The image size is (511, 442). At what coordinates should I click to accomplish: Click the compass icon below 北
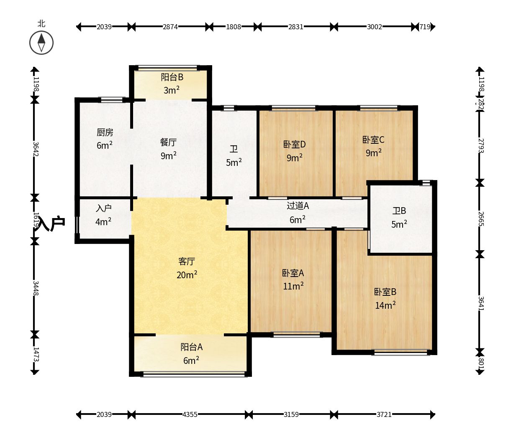[x=41, y=43]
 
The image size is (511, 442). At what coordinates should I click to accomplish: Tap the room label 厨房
[x=105, y=132]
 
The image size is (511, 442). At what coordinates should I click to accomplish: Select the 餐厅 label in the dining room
[x=168, y=142]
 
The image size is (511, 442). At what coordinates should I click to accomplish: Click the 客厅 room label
[x=187, y=262]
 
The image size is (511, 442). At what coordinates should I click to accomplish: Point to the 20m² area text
[x=187, y=275]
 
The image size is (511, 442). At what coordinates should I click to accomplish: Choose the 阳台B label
[x=172, y=77]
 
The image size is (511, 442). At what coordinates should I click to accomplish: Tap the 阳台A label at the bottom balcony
[x=192, y=347]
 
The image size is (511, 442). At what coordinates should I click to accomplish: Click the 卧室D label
[x=295, y=145]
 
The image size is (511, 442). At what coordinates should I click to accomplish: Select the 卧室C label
[x=373, y=140]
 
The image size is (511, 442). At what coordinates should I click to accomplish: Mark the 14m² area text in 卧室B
[x=385, y=305]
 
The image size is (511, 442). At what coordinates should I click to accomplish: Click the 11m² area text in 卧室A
[x=293, y=286]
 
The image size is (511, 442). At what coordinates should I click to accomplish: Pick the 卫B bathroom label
[x=399, y=211]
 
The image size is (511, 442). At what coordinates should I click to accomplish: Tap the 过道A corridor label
[x=298, y=206]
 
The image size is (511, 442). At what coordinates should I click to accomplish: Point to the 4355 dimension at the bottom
[x=190, y=414]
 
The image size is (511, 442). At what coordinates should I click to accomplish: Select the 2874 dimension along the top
[x=170, y=27]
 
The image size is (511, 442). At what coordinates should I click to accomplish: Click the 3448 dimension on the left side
[x=35, y=288]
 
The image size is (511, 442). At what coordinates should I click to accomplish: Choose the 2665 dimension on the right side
[x=481, y=219]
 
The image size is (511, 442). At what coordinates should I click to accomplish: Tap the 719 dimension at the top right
[x=425, y=27]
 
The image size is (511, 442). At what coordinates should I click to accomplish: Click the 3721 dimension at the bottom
[x=384, y=414]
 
